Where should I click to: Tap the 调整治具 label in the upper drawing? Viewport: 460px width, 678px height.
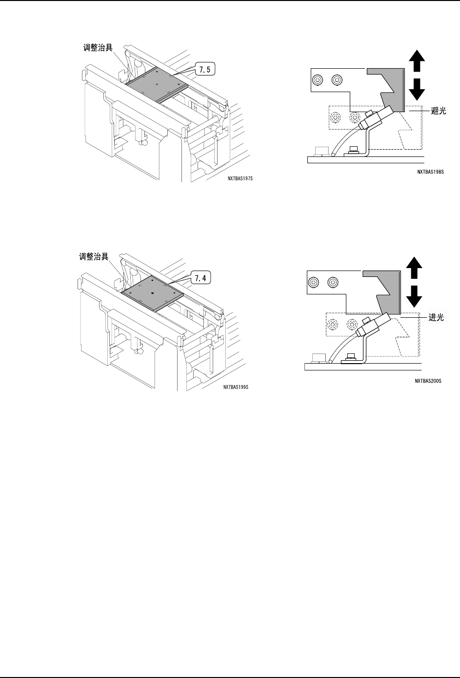tap(97, 48)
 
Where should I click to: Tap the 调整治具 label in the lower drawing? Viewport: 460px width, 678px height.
tap(95, 256)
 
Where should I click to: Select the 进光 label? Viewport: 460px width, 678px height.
tap(436, 317)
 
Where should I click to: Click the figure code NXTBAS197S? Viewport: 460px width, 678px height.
tap(240, 178)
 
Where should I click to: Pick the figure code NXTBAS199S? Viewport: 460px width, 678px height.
tap(236, 387)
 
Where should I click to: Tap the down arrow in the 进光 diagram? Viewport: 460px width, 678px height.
tap(414, 295)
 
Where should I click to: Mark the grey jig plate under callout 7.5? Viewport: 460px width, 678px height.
tap(156, 84)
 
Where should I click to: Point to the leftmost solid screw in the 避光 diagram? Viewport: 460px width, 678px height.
tap(318, 79)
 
